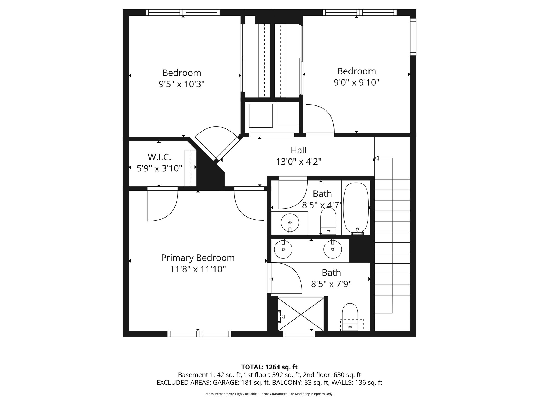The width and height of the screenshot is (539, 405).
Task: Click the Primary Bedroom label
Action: point(198,258)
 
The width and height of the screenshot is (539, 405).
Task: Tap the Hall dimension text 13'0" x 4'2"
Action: point(298,161)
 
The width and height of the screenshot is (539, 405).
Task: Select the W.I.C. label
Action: point(159,157)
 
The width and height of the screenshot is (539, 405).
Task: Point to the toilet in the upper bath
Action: point(328,221)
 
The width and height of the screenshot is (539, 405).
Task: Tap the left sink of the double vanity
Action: point(283,249)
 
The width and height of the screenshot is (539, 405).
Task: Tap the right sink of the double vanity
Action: point(333,249)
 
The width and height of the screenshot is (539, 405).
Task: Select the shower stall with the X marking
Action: point(301,314)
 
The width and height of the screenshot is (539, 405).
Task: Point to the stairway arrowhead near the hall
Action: point(377,158)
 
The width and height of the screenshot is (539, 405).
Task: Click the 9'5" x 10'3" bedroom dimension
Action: point(182,84)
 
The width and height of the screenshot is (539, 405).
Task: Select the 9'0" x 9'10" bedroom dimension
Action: point(356,83)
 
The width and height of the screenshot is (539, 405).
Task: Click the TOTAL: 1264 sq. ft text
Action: point(269,367)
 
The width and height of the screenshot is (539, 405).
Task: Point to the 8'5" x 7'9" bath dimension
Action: point(331,284)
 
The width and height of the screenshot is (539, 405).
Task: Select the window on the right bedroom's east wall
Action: point(413,37)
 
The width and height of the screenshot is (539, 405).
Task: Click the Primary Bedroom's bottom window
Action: point(199,334)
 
